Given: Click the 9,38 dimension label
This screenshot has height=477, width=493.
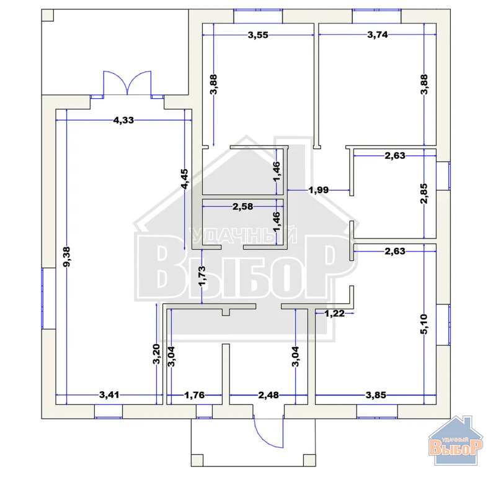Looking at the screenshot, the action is [66, 257].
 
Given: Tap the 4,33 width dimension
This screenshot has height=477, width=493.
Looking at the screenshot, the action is [123, 120].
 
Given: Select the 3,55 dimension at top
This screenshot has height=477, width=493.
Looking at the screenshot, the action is [258, 35].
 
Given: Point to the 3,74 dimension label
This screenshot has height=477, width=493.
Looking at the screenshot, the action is [377, 34].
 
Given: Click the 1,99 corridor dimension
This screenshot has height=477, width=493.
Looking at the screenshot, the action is [319, 190].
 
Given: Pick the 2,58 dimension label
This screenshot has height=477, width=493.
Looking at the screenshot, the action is [242, 207].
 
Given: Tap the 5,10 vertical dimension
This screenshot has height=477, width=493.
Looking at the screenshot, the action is [424, 324].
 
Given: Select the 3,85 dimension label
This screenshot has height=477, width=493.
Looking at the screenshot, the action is [376, 395].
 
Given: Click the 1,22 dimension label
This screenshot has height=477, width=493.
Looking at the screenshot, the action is [334, 313].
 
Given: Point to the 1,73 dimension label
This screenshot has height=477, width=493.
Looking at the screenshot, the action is [202, 276].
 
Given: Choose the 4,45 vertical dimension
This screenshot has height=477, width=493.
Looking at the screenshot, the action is [185, 179].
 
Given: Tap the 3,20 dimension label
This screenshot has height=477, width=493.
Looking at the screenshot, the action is [156, 354].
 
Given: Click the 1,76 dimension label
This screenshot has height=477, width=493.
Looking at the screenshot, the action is [194, 395].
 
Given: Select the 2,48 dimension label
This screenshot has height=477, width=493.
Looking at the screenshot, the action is [268, 395].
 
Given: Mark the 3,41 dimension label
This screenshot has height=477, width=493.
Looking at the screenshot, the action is [109, 394].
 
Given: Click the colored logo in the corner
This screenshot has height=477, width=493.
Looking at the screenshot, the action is [456, 440].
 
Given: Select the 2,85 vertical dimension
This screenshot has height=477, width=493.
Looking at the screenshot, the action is [424, 194].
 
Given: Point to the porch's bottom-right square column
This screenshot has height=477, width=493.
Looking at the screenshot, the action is [309, 460].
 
